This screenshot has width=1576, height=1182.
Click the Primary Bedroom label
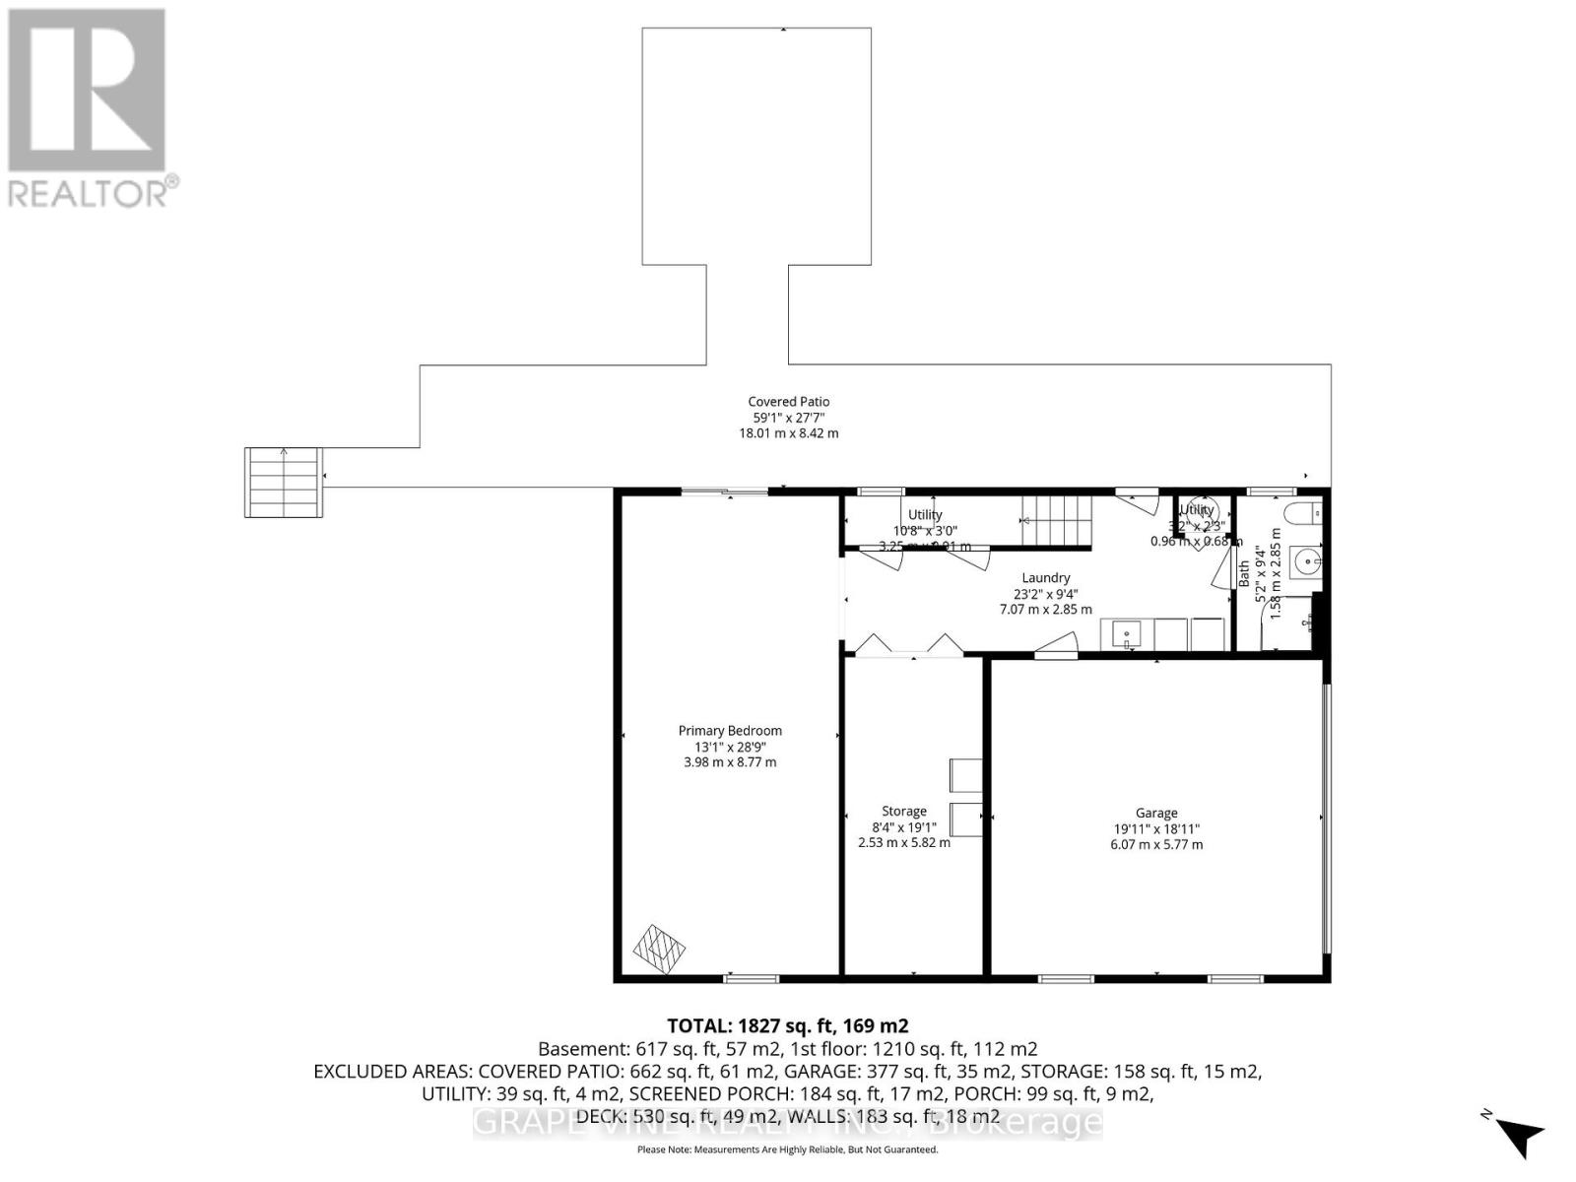tap(730, 731)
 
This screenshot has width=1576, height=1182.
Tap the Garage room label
tap(1156, 813)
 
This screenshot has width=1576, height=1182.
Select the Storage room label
tap(904, 811)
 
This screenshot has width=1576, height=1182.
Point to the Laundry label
tap(1046, 578)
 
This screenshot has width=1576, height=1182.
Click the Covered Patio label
tap(788, 401)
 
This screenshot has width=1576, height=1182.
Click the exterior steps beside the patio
tap(284, 482)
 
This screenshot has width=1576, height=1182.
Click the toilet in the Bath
tap(1305, 514)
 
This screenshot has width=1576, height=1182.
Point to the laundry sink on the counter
tap(1126, 633)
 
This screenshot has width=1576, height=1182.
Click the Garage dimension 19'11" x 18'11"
tap(1156, 829)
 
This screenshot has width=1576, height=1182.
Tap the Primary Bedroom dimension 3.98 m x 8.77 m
tap(730, 762)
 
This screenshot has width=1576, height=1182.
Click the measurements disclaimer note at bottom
tap(788, 1149)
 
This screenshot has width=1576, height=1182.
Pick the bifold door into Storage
tap(908, 645)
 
